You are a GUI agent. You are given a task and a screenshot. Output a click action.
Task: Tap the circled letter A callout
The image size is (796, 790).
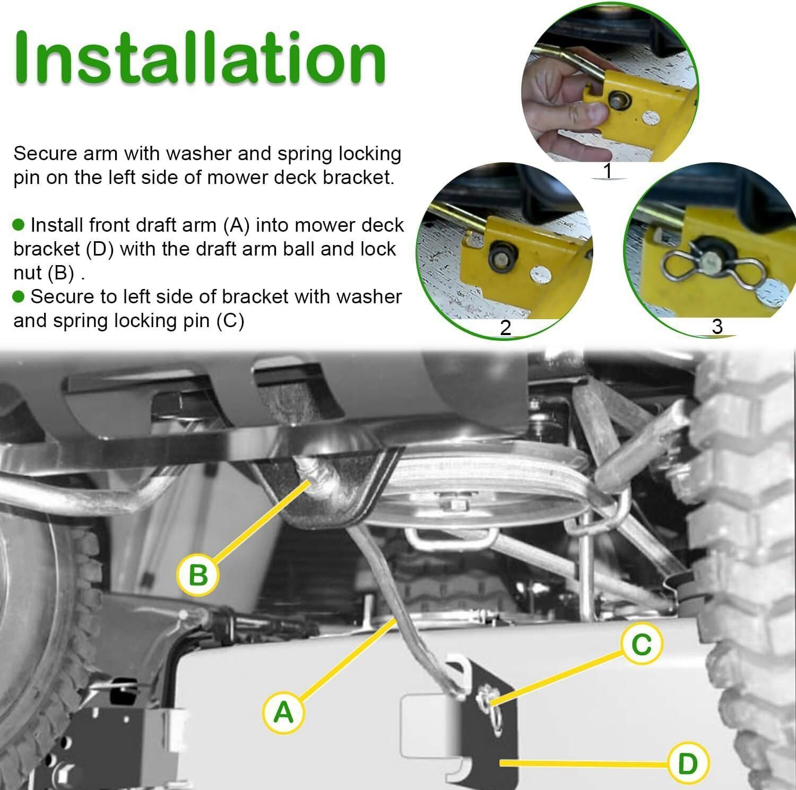click(283, 712)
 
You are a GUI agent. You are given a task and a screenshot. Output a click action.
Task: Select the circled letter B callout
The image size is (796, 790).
click(198, 574)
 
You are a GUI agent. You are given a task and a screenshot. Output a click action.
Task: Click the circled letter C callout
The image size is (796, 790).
click(642, 645)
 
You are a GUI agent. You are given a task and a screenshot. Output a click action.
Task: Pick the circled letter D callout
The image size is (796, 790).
click(688, 763)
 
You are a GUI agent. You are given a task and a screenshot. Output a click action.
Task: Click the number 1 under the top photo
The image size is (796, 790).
click(608, 171)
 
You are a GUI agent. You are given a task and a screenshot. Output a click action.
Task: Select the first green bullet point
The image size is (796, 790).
click(19, 225)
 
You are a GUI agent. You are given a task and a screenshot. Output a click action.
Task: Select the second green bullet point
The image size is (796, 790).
click(19, 296)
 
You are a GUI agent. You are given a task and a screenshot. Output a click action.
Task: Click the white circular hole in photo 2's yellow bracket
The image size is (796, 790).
click(540, 274)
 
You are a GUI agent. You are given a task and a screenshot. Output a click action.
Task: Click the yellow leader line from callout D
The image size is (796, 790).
click(584, 763)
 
